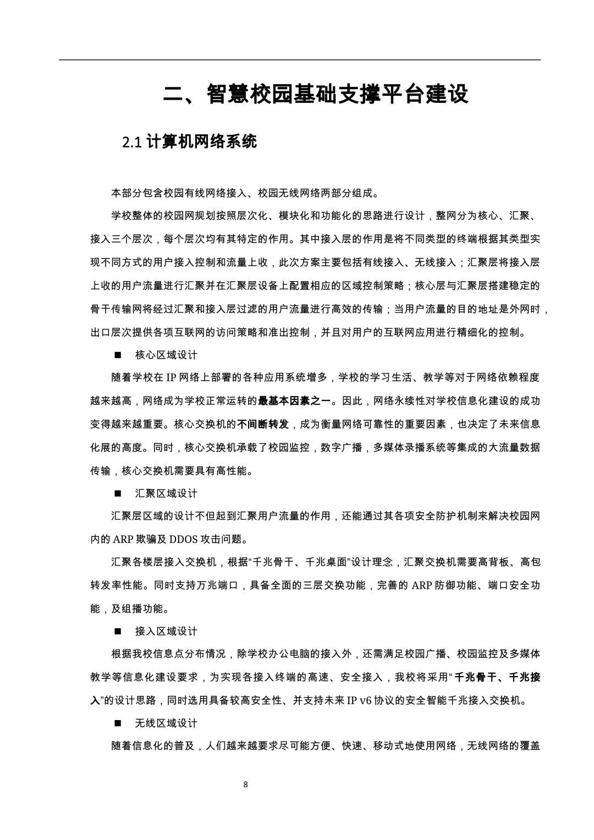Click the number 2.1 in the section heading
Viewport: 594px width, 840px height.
[133, 142]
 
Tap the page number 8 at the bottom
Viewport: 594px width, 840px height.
[245, 784]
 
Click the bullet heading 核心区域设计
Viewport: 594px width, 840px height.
[166, 355]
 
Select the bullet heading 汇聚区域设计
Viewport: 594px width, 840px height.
[166, 493]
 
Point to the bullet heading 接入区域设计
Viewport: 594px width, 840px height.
[166, 631]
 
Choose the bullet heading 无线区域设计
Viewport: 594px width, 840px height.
[166, 723]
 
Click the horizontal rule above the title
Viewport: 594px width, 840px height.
[300, 60]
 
